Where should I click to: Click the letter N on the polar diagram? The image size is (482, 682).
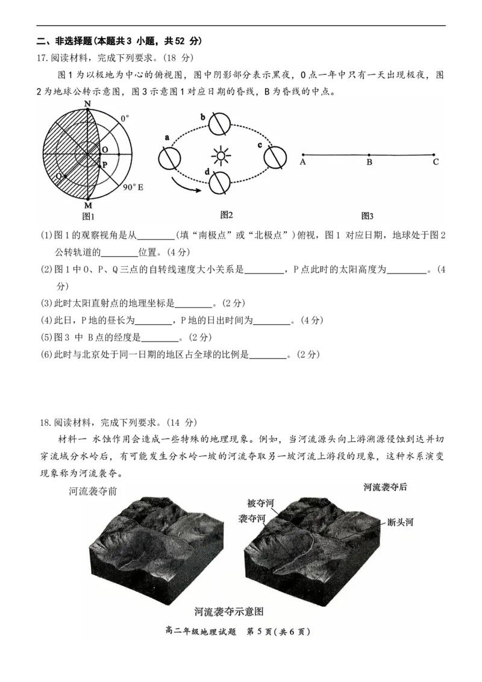[88, 104]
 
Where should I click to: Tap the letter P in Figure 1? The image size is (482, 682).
[104, 164]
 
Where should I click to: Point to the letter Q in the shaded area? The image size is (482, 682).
[58, 176]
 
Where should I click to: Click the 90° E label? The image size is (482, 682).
[133, 188]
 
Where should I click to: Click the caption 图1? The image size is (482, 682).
[89, 217]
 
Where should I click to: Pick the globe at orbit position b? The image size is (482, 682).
[219, 124]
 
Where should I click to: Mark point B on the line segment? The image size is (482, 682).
[369, 155]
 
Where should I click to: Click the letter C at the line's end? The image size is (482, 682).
[435, 161]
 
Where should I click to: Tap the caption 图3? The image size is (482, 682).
[368, 216]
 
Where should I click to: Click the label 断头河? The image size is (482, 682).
[400, 522]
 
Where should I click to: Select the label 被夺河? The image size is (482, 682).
[260, 503]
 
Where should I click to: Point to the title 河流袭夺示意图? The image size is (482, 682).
[229, 612]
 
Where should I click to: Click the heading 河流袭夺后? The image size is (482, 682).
[386, 486]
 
